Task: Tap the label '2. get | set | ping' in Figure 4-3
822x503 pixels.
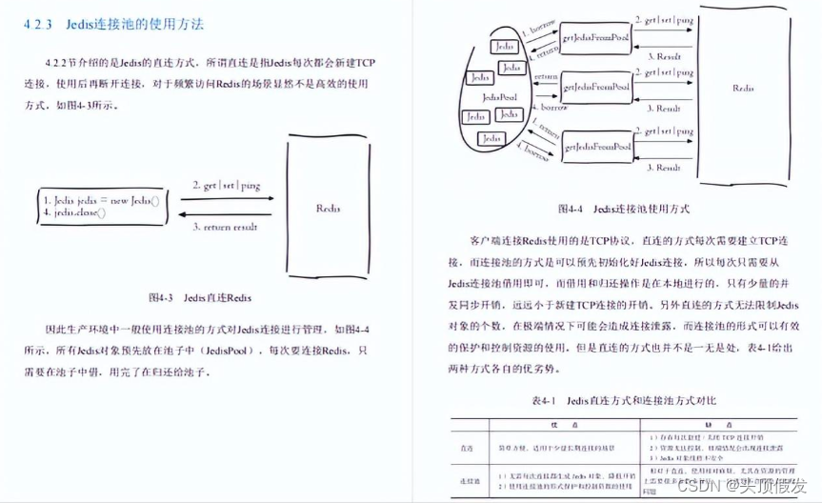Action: coord(226,185)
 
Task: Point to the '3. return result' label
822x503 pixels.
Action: coord(226,227)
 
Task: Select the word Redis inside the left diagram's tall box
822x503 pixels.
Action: coord(329,206)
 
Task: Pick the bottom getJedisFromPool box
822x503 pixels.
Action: coord(595,147)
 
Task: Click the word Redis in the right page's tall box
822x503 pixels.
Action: coord(744,88)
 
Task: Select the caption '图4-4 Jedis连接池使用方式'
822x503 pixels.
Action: coord(623,208)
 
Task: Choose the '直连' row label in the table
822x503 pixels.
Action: coord(468,444)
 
